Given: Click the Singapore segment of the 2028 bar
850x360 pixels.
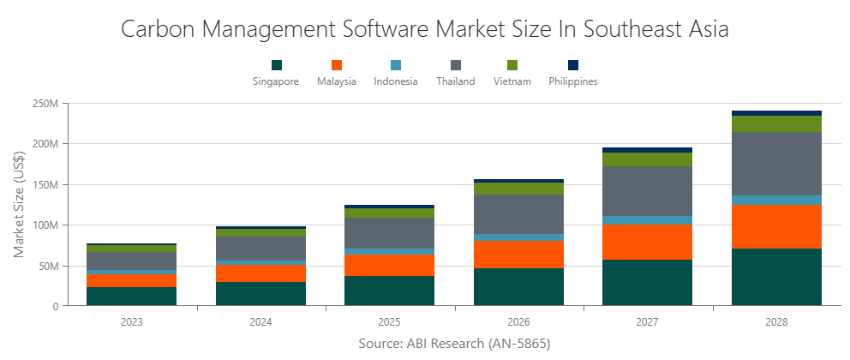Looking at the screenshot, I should (x=776, y=277).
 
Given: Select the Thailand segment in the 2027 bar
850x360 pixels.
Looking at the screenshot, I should (x=647, y=191).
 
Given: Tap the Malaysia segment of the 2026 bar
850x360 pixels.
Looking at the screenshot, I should (x=518, y=255).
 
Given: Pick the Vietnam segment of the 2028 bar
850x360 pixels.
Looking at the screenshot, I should (x=776, y=123).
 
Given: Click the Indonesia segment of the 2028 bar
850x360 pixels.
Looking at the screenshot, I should (x=776, y=200).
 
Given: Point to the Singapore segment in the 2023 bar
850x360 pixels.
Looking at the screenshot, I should (x=131, y=296).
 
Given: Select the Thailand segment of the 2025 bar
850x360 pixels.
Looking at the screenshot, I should (x=389, y=233).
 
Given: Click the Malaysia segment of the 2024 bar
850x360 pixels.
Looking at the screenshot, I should (x=260, y=273).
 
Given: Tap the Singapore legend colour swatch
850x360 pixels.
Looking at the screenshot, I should (x=276, y=65).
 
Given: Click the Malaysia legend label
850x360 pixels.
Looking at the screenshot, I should (x=336, y=81).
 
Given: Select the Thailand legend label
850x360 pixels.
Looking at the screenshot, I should (x=455, y=81).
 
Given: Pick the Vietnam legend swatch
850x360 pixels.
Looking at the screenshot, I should (x=512, y=65).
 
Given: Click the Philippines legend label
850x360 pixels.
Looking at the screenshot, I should (x=573, y=81).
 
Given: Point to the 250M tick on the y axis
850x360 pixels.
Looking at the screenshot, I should (x=44, y=103).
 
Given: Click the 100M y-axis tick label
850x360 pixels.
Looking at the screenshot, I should (x=44, y=225).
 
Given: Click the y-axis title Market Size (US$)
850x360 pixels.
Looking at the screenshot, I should (x=19, y=205).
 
